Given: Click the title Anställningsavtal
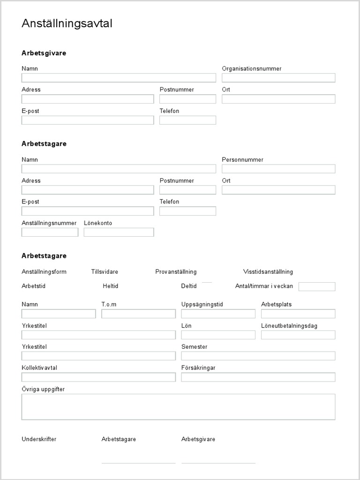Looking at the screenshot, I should click(x=67, y=23).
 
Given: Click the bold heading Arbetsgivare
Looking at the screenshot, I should click(x=44, y=53).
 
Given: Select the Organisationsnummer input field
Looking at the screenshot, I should click(x=278, y=78).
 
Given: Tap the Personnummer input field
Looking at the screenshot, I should click(x=278, y=169).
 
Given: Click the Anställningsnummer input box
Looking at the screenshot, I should click(x=50, y=232).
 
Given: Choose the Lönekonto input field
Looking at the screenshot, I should click(x=119, y=232).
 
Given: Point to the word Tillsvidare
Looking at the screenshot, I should click(x=105, y=272).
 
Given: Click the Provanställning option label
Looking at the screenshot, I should click(x=176, y=272).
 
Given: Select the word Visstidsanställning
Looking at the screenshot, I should click(x=268, y=272).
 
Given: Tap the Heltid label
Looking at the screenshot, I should click(x=111, y=286).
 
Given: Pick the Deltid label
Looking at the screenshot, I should click(x=189, y=286).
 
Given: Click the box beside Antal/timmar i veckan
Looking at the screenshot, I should click(x=317, y=286).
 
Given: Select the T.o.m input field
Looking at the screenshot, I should click(x=138, y=314).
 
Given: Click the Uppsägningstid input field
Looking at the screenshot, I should click(x=218, y=314).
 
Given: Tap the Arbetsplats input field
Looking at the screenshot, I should click(x=298, y=314).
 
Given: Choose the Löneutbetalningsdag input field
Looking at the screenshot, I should click(x=298, y=335).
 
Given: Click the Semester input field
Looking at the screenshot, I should click(x=258, y=356).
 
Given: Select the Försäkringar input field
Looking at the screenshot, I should click(x=258, y=377).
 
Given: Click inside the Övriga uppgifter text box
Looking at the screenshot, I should click(x=178, y=406).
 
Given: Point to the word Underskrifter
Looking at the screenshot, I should click(x=39, y=439).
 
